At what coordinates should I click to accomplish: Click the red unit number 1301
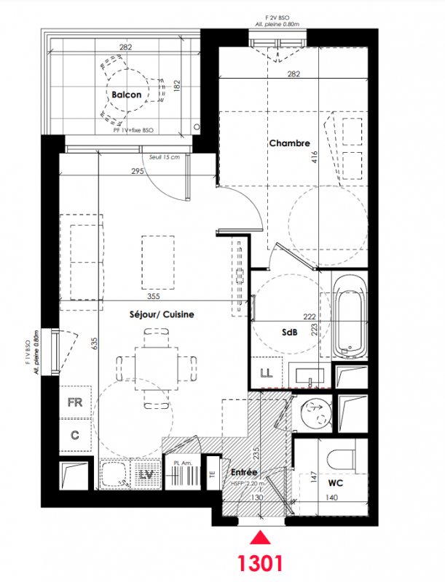point(260,562)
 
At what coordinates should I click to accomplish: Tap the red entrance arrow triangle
point(260,538)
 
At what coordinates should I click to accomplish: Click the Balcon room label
point(126,95)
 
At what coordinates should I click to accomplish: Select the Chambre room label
point(289,143)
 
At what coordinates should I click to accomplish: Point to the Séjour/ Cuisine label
point(162,314)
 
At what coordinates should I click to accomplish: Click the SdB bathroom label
point(289,332)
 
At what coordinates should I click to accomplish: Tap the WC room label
point(336,483)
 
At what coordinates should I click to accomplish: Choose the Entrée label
point(244,472)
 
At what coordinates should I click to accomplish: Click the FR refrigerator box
point(75,402)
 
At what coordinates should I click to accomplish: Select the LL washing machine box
point(267,372)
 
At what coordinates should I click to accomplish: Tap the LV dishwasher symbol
point(146,474)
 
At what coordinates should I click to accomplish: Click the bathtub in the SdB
point(349,316)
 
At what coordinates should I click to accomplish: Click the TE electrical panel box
point(213,474)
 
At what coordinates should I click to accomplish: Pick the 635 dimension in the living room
point(95,343)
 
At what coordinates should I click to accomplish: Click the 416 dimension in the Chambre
point(315,157)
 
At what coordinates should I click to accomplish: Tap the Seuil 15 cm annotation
point(164,157)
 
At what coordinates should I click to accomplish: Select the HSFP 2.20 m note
point(248,484)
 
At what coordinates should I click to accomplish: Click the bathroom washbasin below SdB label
point(310,376)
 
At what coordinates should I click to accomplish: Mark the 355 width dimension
point(153,296)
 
